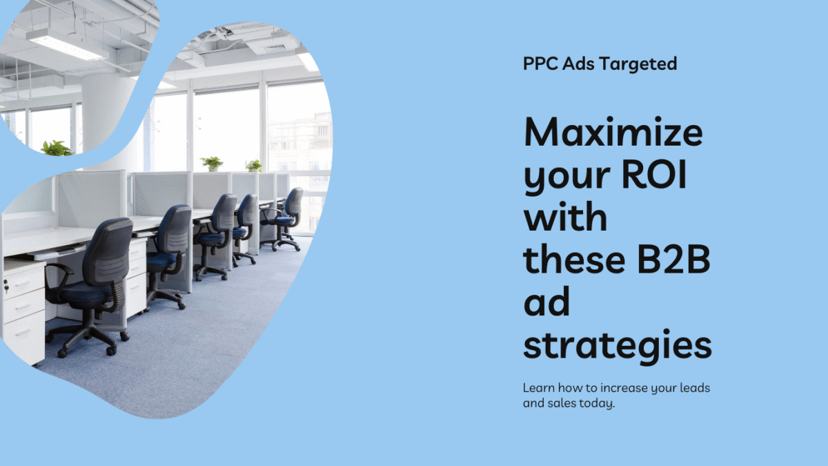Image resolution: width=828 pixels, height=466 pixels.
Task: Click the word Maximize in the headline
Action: click(x=613, y=132)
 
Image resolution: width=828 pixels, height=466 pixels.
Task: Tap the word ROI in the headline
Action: click(x=654, y=175)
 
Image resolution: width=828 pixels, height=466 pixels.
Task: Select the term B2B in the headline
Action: click(x=673, y=260)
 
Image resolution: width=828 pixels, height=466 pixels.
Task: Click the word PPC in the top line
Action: click(x=541, y=64)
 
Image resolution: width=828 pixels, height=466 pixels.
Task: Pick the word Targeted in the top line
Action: click(x=638, y=64)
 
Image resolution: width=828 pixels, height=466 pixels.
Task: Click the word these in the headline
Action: click(x=574, y=260)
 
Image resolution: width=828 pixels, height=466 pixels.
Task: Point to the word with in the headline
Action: click(x=565, y=216)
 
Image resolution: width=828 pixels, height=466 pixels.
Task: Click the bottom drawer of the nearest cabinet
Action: click(x=23, y=335)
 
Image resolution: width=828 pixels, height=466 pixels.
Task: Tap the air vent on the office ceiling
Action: click(x=275, y=48)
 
